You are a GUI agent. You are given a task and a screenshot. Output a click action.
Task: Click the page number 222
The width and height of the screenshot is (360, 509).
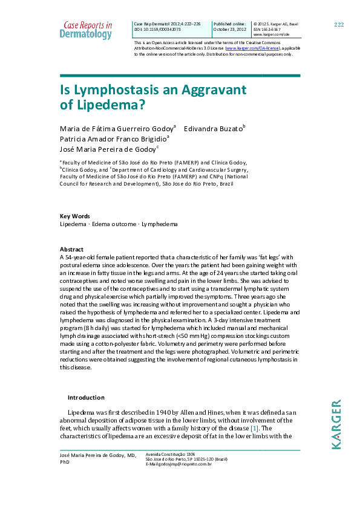click(x=339, y=24)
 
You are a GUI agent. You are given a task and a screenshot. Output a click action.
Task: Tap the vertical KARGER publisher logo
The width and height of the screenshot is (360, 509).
click(x=336, y=423)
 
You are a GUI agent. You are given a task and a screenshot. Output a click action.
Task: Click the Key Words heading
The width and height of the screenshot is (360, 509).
click(x=74, y=216)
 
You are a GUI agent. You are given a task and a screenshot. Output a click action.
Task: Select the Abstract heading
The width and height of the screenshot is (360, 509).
click(x=71, y=249)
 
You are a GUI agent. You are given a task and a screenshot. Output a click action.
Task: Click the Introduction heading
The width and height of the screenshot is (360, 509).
click(x=86, y=397)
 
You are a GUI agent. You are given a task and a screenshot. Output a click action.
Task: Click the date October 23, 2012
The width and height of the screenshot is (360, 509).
click(x=231, y=29)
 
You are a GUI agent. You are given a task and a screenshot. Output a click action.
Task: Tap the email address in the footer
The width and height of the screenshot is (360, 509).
click(x=179, y=464)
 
